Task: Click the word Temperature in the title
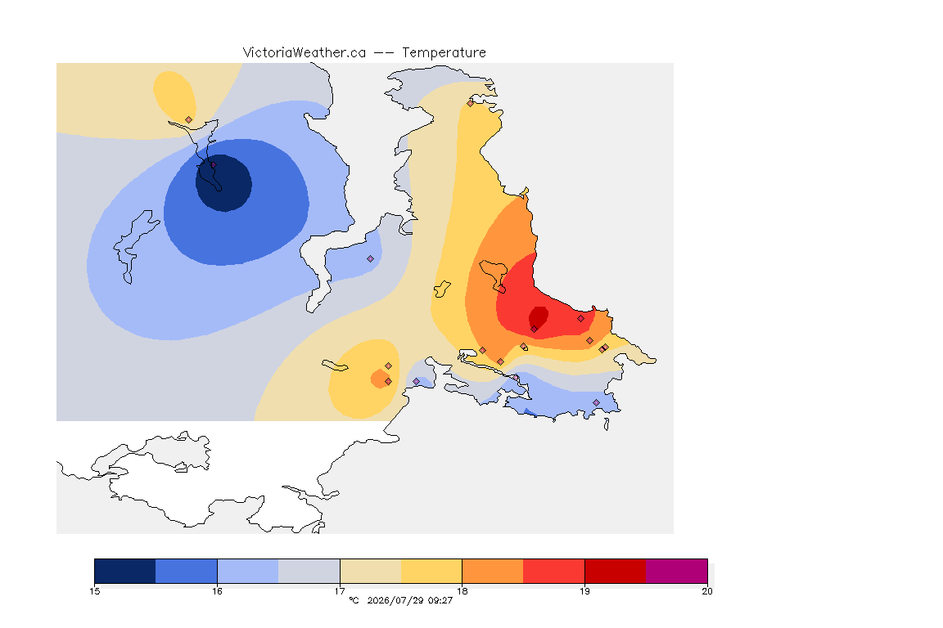(x=444, y=53)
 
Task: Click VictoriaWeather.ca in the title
(x=305, y=53)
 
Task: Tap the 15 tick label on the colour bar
(x=94, y=591)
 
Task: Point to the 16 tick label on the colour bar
(x=217, y=591)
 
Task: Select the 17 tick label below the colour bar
(x=340, y=591)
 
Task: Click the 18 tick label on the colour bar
(x=462, y=591)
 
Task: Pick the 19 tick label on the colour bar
(x=584, y=591)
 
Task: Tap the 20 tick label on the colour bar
(x=707, y=591)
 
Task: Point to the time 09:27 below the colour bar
(x=440, y=600)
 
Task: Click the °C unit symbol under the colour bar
(x=354, y=600)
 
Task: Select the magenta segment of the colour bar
(x=677, y=571)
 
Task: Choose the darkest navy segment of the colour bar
(x=125, y=571)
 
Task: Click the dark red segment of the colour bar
(x=616, y=571)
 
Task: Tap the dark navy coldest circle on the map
(x=223, y=183)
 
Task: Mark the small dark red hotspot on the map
(x=539, y=316)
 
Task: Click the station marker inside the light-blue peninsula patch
(x=371, y=259)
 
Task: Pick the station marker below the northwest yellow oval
(x=189, y=120)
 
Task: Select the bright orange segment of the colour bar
(x=493, y=571)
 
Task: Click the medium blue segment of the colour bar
(x=187, y=571)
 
